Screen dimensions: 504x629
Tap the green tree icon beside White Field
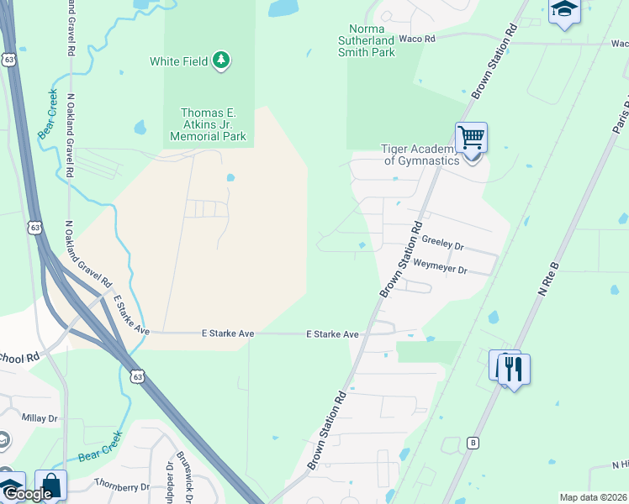pyautogui.click(x=221, y=60)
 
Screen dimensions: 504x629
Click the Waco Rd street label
pyautogui.click(x=417, y=39)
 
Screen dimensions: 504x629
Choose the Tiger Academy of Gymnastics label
pyautogui.click(x=420, y=155)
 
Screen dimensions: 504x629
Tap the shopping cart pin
pyautogui.click(x=471, y=137)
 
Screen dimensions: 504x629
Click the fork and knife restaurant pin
pyautogui.click(x=514, y=369)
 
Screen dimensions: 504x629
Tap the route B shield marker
pyautogui.click(x=473, y=443)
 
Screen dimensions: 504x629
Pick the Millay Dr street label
pyautogui.click(x=40, y=417)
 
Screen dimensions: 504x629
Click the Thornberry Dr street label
pyautogui.click(x=121, y=485)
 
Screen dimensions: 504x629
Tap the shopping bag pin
pyautogui.click(x=50, y=485)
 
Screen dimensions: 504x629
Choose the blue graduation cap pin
pyautogui.click(x=565, y=9)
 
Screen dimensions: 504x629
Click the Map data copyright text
pyautogui.click(x=594, y=497)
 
